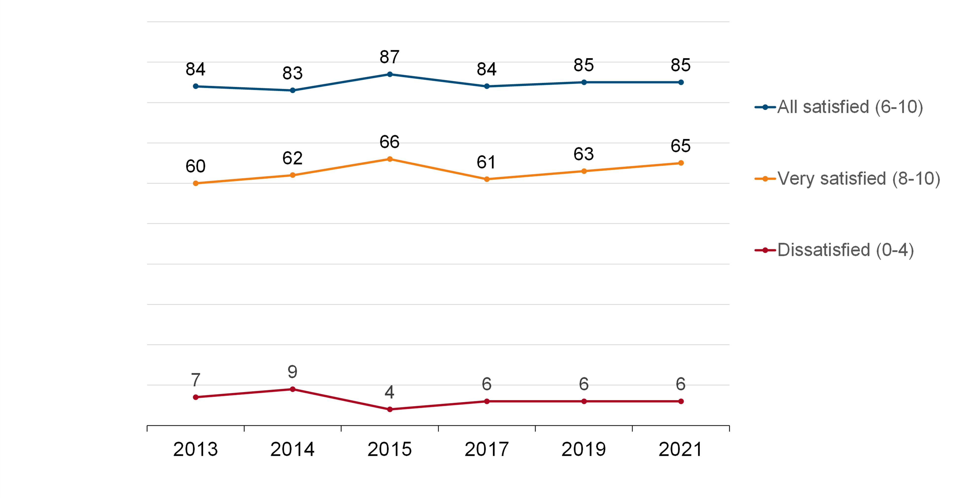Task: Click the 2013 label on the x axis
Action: click(x=195, y=449)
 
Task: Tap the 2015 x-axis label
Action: click(x=390, y=449)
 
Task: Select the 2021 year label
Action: click(x=681, y=449)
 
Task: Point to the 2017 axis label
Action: click(x=486, y=449)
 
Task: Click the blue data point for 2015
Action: click(x=390, y=75)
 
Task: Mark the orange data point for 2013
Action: click(x=196, y=183)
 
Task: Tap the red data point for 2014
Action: click(x=292, y=389)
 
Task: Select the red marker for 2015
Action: click(x=390, y=409)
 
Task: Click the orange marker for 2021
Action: click(x=681, y=163)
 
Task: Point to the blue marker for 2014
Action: click(x=292, y=90)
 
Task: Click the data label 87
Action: click(x=390, y=57)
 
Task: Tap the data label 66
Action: click(x=390, y=142)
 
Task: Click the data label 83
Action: click(x=292, y=73)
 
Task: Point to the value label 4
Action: click(x=390, y=392)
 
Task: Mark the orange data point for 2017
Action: click(x=487, y=179)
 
